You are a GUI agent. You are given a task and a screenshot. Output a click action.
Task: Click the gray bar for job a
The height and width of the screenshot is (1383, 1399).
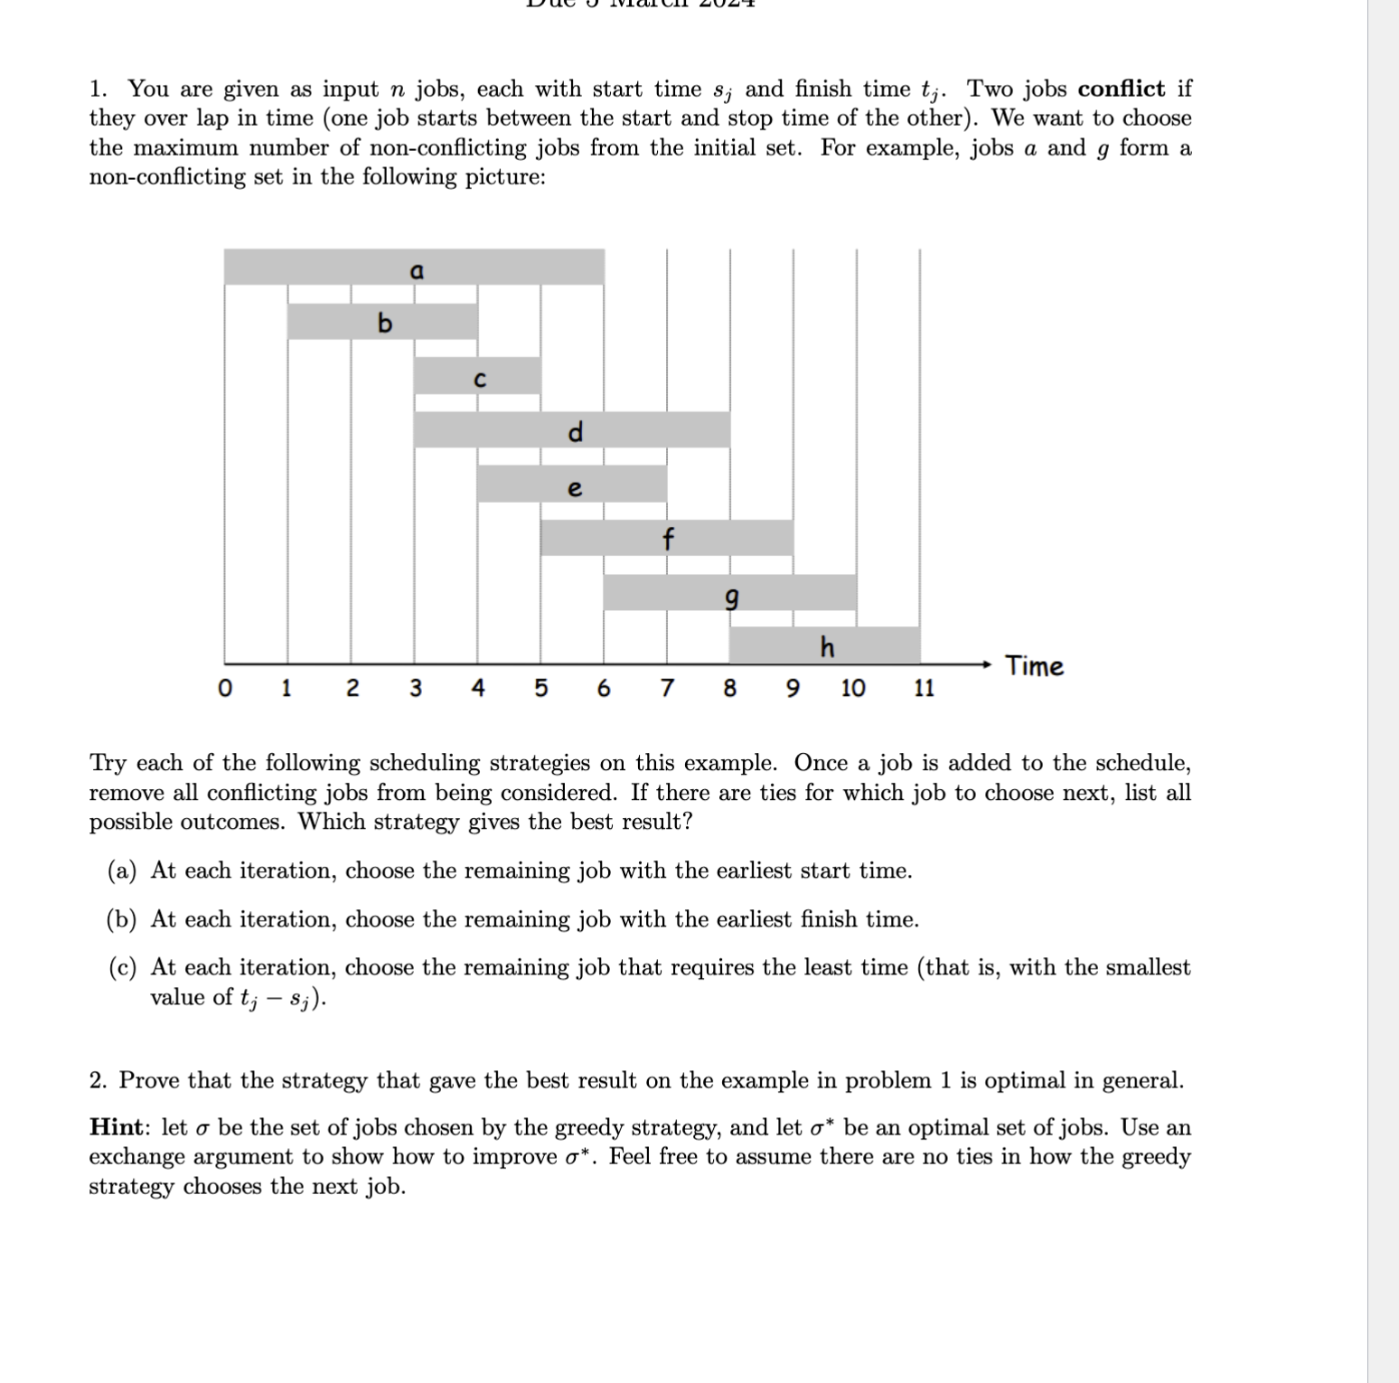pyautogui.click(x=414, y=268)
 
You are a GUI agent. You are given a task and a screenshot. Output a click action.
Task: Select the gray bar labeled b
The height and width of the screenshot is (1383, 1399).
pyautogui.click(x=382, y=322)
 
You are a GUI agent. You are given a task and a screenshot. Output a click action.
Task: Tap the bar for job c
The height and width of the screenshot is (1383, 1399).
pyautogui.click(x=477, y=376)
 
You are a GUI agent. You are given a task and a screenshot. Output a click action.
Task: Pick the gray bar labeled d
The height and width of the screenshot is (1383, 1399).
pyautogui.click(x=571, y=430)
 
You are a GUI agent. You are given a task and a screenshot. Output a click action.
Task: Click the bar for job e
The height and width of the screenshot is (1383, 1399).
pyautogui.click(x=571, y=485)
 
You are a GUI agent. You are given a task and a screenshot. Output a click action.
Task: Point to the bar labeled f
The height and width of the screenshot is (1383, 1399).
pyautogui.click(x=666, y=539)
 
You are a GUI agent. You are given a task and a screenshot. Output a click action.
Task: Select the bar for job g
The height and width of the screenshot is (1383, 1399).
pyautogui.click(x=729, y=593)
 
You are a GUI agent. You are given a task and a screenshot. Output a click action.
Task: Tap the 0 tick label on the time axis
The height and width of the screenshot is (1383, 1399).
pyautogui.click(x=224, y=689)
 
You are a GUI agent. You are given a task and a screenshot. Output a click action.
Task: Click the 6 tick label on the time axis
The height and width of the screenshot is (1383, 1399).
pyautogui.click(x=604, y=689)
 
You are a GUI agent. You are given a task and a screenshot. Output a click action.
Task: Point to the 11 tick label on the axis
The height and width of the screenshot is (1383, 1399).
pyautogui.click(x=923, y=689)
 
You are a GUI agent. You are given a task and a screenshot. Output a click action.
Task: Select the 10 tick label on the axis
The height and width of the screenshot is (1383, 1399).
pyautogui.click(x=852, y=689)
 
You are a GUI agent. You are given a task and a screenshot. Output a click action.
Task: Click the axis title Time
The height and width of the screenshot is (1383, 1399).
pyautogui.click(x=1034, y=666)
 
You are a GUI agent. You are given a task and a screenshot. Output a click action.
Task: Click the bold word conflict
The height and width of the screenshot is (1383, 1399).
pyautogui.click(x=1121, y=89)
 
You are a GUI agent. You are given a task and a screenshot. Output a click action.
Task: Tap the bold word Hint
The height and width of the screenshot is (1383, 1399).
pyautogui.click(x=116, y=1127)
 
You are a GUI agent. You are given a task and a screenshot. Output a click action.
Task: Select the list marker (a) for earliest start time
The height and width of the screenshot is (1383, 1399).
pyautogui.click(x=122, y=870)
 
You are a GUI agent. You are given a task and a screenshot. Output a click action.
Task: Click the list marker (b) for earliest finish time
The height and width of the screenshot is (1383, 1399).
pyautogui.click(x=122, y=919)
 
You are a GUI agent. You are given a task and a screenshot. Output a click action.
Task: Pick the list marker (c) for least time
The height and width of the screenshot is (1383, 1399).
pyautogui.click(x=122, y=968)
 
